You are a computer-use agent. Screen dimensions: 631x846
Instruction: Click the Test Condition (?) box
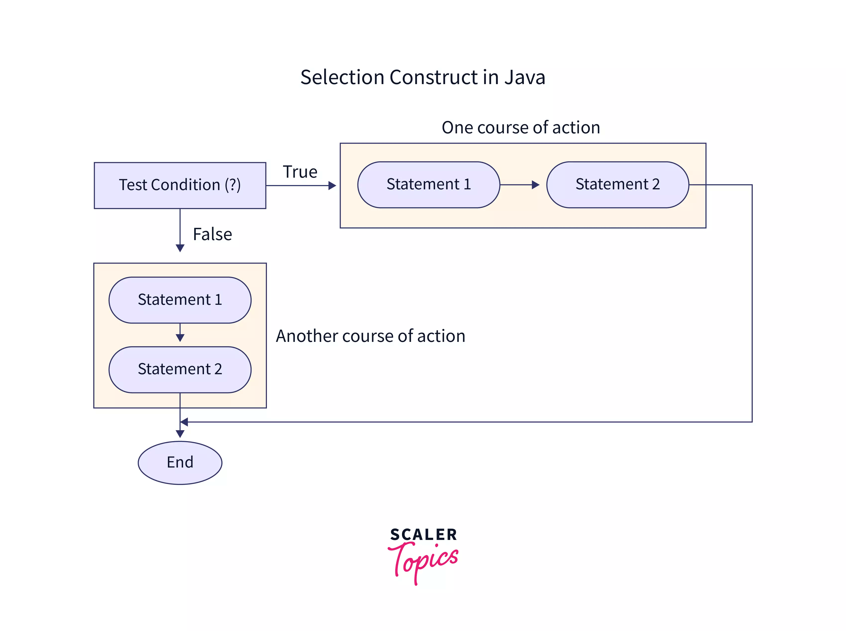(x=180, y=185)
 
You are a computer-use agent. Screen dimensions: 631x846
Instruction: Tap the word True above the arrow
(x=300, y=172)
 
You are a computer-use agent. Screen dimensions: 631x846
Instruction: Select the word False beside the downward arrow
(x=212, y=234)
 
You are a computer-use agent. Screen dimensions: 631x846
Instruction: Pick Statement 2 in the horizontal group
(x=617, y=184)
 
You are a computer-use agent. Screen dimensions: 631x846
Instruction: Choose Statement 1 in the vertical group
(x=180, y=300)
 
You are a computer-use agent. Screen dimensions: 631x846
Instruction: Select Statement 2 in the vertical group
(x=180, y=369)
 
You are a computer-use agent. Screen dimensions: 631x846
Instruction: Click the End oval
(x=180, y=463)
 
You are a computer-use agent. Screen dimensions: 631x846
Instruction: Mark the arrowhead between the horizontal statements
(x=536, y=185)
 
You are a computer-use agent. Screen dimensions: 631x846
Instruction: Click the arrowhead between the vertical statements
(x=180, y=338)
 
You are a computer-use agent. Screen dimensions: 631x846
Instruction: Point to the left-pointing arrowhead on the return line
(x=184, y=422)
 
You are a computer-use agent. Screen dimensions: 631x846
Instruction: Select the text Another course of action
(x=370, y=336)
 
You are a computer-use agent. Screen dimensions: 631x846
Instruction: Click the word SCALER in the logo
(x=423, y=534)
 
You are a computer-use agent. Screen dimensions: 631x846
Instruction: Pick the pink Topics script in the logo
(x=423, y=560)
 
